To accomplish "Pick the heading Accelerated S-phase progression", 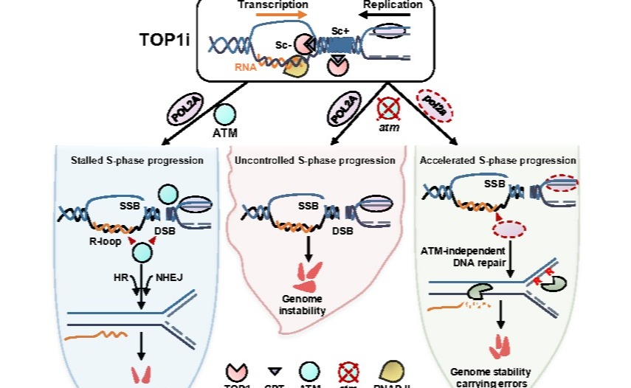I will coord(497,159).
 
